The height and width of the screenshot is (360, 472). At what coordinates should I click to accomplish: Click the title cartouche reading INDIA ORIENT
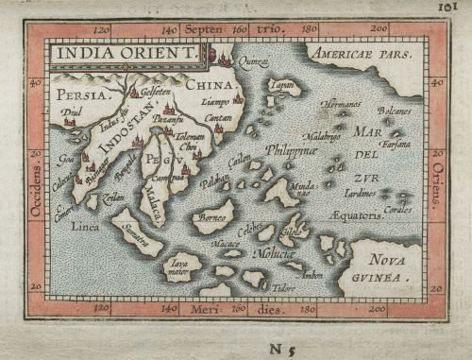tap(124, 55)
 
